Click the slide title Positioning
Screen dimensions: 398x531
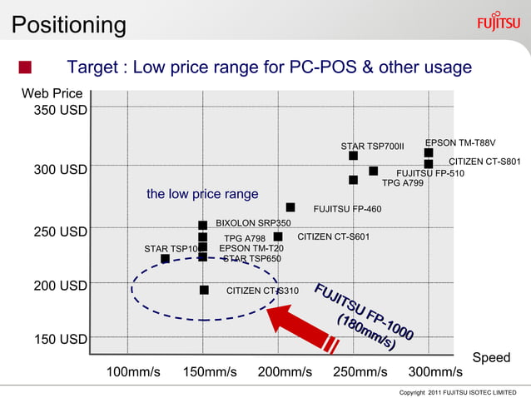tap(68, 24)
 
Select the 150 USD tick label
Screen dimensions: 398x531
tap(60, 339)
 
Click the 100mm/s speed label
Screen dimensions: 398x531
tap(133, 371)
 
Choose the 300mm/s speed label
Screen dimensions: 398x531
tap(435, 371)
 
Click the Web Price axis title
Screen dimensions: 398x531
tap(52, 93)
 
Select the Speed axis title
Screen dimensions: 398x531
tap(491, 357)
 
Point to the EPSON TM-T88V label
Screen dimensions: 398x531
tap(460, 142)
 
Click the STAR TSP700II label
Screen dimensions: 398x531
tap(372, 147)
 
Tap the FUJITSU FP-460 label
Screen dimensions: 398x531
tap(347, 208)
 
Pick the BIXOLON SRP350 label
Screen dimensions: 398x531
tap(253, 223)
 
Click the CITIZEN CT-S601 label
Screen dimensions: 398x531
tap(333, 237)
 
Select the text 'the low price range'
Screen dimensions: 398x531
tap(202, 194)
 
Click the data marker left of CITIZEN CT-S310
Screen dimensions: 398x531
tap(204, 290)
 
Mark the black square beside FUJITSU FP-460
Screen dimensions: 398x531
tap(290, 207)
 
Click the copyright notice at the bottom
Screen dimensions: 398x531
tap(458, 391)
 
